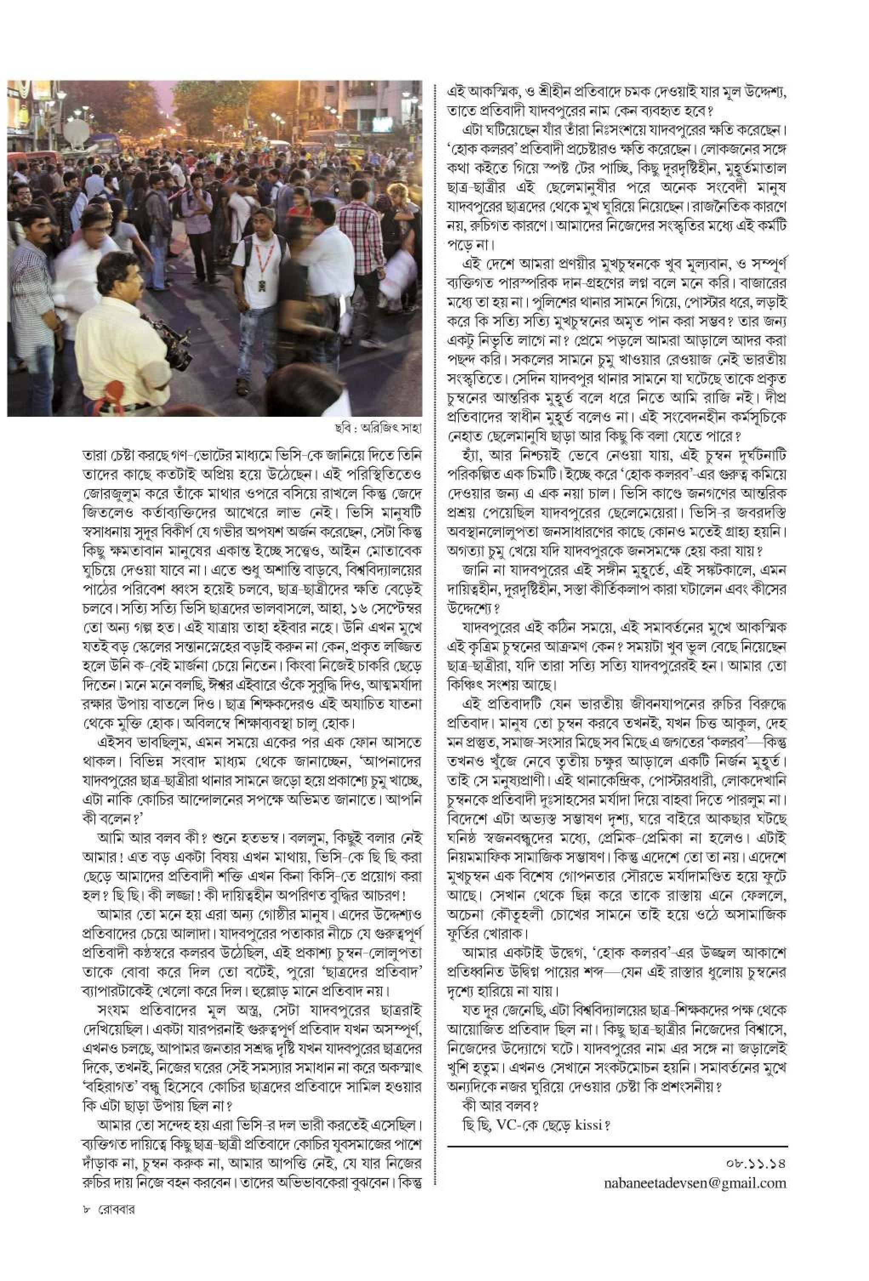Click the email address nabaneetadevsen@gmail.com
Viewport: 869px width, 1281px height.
pyautogui.click(x=694, y=1183)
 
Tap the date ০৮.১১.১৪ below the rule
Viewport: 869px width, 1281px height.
pyautogui.click(x=755, y=1164)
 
